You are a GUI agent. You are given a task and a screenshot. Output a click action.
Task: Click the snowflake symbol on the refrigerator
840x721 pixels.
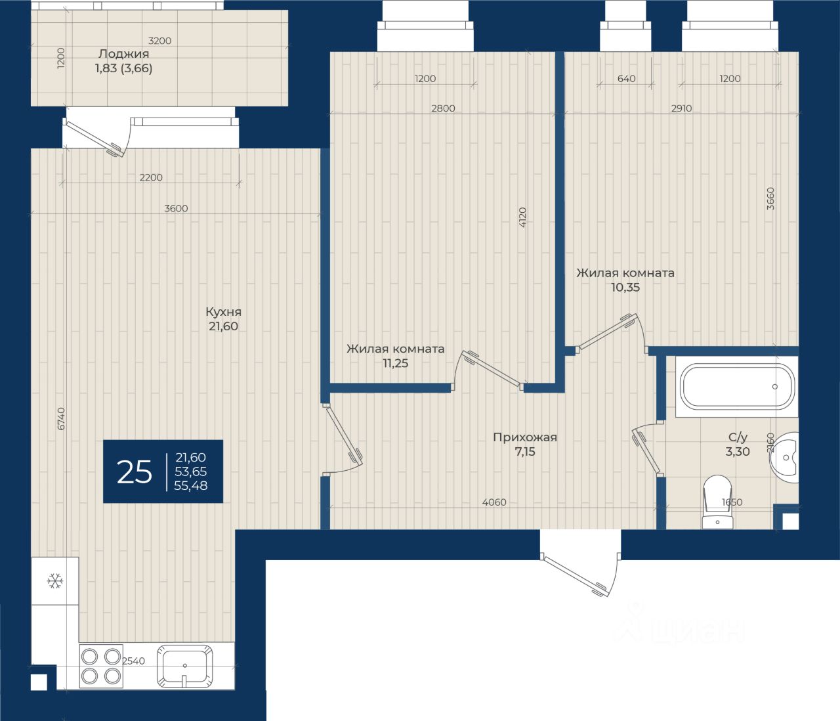[x=55, y=581]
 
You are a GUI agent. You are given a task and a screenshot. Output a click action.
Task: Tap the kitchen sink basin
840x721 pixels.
[x=184, y=666]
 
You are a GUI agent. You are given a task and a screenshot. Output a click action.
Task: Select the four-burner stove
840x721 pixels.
[x=101, y=666]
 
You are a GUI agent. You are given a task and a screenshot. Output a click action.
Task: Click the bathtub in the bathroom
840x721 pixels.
[x=737, y=387]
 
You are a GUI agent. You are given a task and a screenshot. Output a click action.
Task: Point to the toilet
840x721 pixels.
[x=718, y=502]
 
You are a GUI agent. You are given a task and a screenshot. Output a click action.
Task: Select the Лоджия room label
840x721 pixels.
[x=123, y=54]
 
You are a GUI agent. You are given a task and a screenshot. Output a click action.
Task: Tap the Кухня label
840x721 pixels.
[x=224, y=312]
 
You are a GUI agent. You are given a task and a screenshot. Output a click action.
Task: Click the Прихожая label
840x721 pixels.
[x=525, y=437]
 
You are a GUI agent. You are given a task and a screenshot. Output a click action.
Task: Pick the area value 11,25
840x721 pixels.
[x=396, y=363]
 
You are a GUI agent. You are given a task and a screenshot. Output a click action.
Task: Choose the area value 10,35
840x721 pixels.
[x=625, y=287]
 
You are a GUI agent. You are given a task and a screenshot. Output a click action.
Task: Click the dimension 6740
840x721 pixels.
[x=60, y=418]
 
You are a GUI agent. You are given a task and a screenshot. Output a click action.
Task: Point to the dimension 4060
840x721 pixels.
[x=494, y=502]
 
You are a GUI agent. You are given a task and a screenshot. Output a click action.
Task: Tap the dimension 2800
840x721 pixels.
[x=443, y=108]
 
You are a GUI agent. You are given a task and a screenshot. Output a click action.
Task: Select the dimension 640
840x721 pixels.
[x=626, y=79]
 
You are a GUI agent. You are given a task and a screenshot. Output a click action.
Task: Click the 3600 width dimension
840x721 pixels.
[x=176, y=209]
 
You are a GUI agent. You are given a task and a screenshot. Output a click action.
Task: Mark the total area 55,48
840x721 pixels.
[x=190, y=485]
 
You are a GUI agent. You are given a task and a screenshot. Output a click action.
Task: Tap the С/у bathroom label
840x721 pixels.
[x=738, y=437]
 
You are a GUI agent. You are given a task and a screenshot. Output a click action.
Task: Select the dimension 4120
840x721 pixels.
[x=522, y=217]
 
